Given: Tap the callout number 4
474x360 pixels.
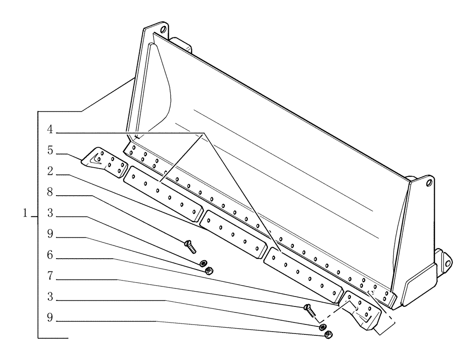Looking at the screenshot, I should click(x=50, y=129).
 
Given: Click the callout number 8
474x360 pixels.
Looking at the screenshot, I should click(x=50, y=194).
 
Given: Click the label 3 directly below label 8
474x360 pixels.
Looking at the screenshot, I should click(x=50, y=215).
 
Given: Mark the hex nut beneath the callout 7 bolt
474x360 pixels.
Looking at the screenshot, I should click(x=327, y=335).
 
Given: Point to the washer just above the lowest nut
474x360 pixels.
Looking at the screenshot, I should click(x=322, y=327).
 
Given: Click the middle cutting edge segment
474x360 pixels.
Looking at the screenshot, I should click(x=232, y=234).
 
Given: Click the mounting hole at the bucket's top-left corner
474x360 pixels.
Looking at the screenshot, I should click(x=164, y=29).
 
